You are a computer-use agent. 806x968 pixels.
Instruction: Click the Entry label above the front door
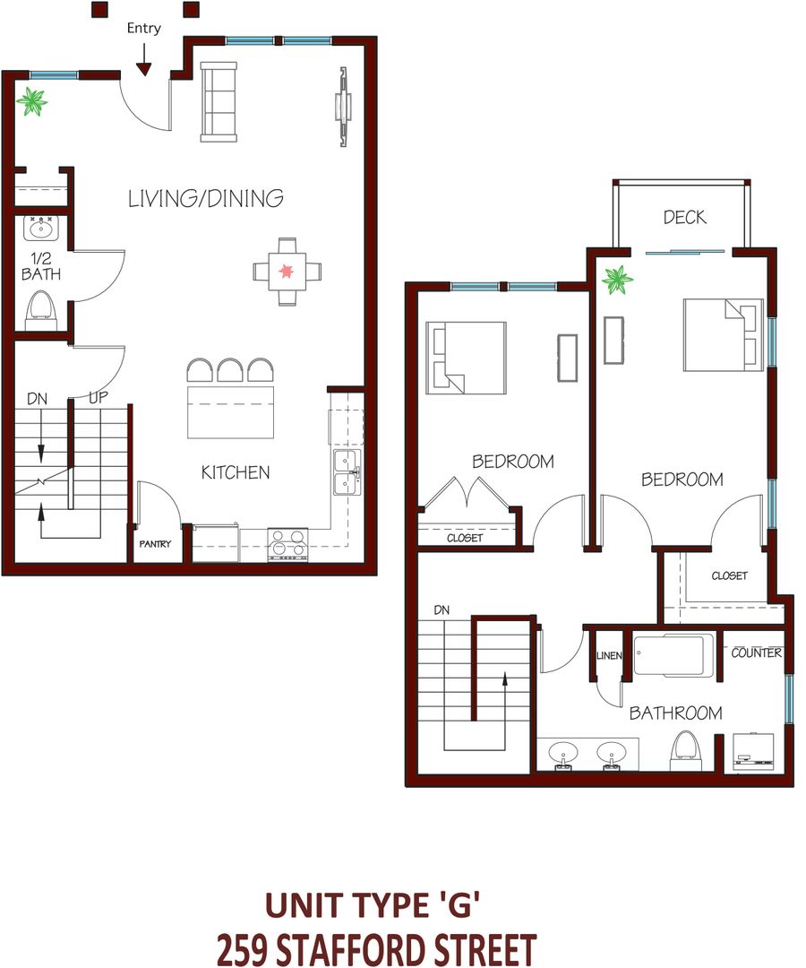[x=143, y=29]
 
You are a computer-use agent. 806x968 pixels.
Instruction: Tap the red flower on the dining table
[x=286, y=271]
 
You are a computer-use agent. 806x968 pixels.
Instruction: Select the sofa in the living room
[x=219, y=102]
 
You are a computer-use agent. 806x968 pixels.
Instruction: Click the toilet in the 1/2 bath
[x=41, y=311]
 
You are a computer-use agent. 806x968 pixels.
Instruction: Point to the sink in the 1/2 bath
[x=41, y=228]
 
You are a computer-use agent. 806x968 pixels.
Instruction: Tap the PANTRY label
[x=155, y=544]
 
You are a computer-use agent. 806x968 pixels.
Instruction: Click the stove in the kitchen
[x=287, y=544]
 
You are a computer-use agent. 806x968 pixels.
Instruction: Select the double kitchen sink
[x=347, y=472]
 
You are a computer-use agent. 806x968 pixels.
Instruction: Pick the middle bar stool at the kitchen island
[x=231, y=370]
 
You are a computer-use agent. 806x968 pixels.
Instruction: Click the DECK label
[x=684, y=217]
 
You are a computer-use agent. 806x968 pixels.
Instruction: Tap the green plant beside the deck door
[x=617, y=281]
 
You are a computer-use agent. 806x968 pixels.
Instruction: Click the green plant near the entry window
[x=31, y=102]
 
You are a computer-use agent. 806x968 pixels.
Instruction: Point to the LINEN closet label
[x=609, y=655]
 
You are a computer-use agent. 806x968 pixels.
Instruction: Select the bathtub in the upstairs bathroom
[x=673, y=655]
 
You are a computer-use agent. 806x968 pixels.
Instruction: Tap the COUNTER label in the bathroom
[x=757, y=653]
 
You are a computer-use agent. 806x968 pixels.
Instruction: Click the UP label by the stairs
[x=98, y=398]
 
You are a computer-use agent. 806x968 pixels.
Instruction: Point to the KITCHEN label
[x=236, y=472]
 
